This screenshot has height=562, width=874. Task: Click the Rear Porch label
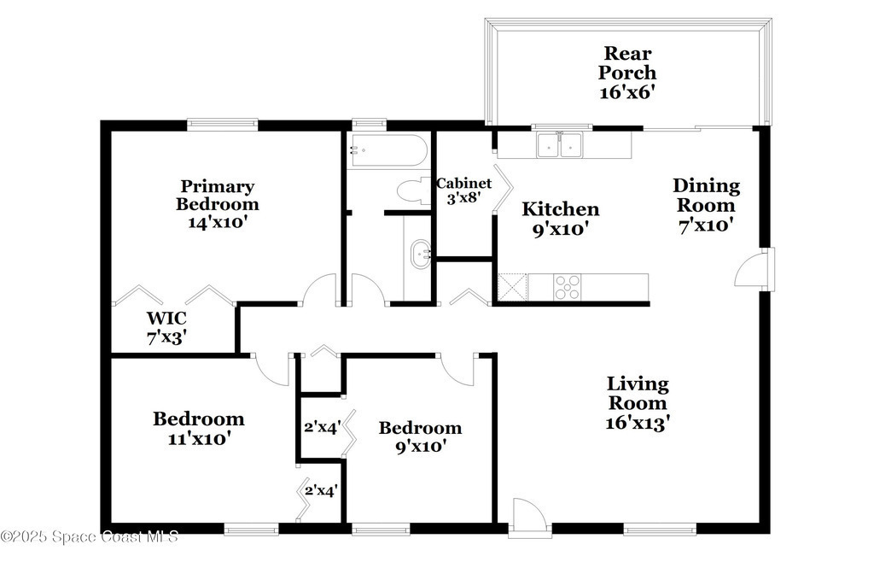pos(627,73)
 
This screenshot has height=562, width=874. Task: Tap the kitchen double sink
pos(559,144)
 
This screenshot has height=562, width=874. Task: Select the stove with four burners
pos(567,287)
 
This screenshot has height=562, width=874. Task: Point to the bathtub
pos(387,150)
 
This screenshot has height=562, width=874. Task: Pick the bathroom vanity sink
pos(420,255)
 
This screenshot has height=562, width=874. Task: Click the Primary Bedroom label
pos(218,204)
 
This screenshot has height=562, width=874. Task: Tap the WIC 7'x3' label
pos(166,328)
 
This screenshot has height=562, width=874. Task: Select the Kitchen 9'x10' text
pos(561,220)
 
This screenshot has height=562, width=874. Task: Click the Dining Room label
pos(706,205)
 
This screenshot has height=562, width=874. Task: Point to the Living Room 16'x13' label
pos(638,403)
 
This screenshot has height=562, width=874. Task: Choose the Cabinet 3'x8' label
pos(463,190)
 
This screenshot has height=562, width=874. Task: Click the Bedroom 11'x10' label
pos(199,428)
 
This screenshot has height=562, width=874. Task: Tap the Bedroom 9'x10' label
pos(420,436)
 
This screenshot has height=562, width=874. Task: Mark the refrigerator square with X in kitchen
pos(513,287)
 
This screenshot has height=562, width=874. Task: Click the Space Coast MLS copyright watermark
pos(90,537)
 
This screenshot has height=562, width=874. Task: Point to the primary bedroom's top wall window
pos(223,125)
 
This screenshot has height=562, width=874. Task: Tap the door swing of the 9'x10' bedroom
pos(457,369)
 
